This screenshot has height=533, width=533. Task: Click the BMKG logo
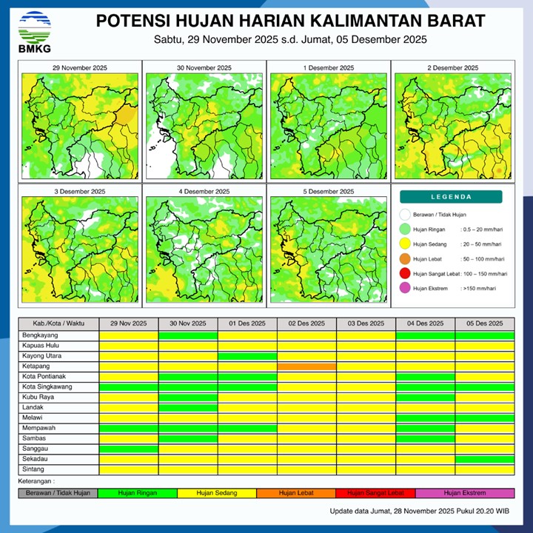[x=35, y=31]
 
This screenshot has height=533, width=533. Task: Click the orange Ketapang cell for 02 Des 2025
[x=306, y=366]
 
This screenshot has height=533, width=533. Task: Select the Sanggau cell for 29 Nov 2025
[x=129, y=449]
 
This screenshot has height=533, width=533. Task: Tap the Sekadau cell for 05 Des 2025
[x=484, y=459]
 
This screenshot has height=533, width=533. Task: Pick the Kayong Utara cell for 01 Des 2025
[x=247, y=356]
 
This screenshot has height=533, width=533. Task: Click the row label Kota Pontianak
[x=58, y=377]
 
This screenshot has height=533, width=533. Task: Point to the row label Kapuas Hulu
[x=58, y=346]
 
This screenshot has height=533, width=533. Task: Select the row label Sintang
[x=58, y=469]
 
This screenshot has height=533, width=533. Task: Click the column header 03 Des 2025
[x=366, y=324]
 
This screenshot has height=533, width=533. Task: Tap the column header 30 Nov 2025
[x=188, y=324]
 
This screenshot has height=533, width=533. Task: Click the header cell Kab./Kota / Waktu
[x=58, y=324]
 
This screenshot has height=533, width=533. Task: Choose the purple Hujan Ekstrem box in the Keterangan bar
[x=464, y=493]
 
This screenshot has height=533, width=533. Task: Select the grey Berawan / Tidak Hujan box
[x=58, y=493]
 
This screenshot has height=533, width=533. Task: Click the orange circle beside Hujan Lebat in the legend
[x=404, y=259]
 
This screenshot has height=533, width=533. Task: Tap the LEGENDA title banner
[x=451, y=197]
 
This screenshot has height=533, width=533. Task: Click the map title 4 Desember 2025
[x=204, y=192]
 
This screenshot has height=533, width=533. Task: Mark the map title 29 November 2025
[x=80, y=68]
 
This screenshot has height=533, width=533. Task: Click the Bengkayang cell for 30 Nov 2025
[x=188, y=335]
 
